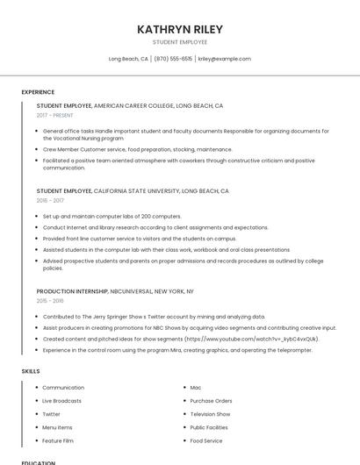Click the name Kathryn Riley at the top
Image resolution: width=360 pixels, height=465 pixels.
coord(180,29)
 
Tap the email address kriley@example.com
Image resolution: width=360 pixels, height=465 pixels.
coord(224,59)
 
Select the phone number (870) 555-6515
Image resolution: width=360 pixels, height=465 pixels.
coord(173,59)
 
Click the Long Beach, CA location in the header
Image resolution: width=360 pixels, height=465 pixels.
coord(128,59)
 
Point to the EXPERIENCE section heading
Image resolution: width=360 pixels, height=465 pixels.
coord(38,92)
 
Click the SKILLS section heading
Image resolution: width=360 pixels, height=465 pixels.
coord(31,371)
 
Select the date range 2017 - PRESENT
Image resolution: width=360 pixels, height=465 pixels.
coord(56,115)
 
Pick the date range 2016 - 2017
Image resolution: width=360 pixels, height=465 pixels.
coord(50,200)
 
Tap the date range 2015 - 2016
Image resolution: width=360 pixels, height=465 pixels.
coord(50,300)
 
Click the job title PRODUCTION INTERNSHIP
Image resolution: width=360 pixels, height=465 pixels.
coord(72,290)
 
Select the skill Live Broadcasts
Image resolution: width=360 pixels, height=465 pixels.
coord(62,401)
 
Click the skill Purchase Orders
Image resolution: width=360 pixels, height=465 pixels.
coord(211,401)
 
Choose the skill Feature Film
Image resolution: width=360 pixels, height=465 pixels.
coord(58,440)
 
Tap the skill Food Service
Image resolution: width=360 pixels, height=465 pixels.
coord(206,440)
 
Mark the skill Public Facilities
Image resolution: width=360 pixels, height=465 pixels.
coord(210,427)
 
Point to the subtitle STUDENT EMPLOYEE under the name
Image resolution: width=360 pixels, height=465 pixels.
coord(180,42)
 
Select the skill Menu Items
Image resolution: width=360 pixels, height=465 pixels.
coord(58,427)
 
